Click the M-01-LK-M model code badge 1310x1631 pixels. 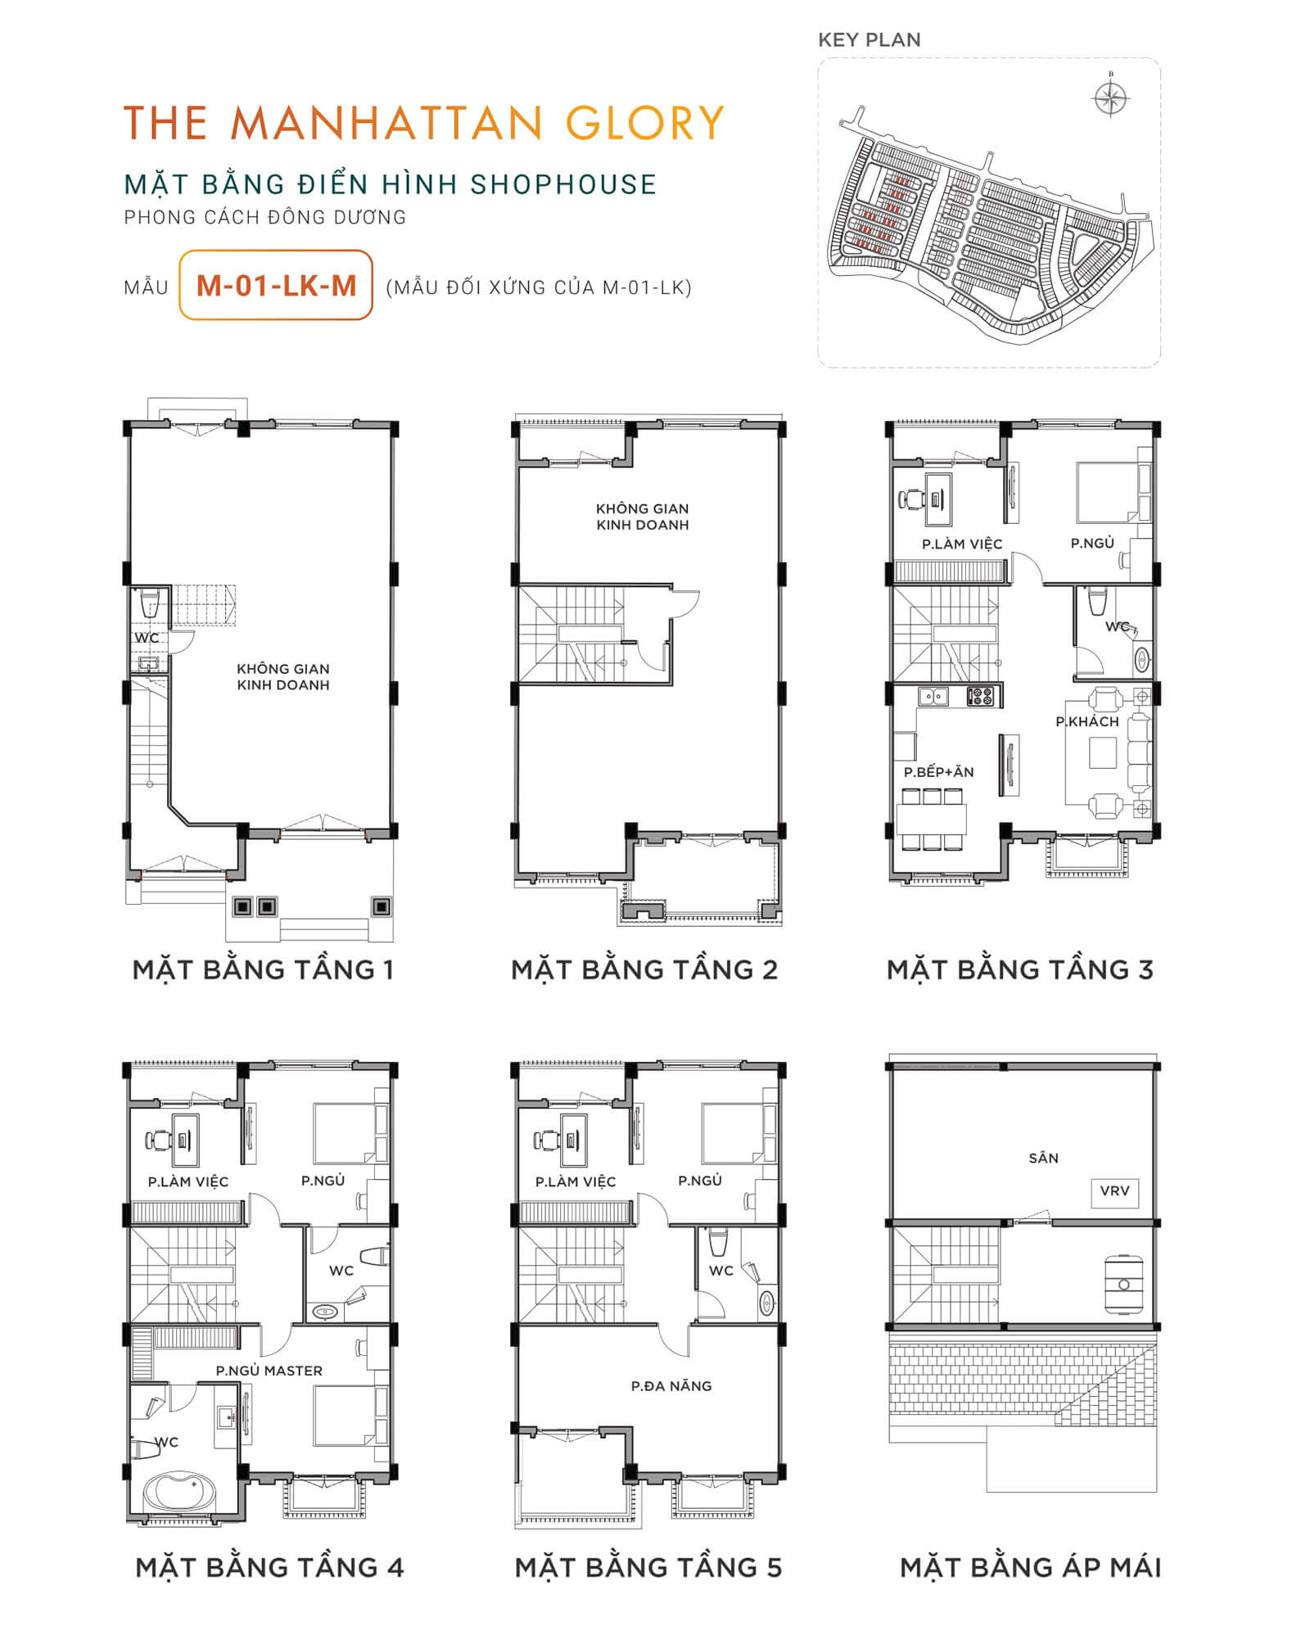pyautogui.click(x=276, y=285)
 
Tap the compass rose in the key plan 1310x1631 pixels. pyautogui.click(x=1111, y=99)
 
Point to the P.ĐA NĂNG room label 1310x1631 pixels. pyautogui.click(x=671, y=1386)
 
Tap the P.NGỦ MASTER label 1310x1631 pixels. pyautogui.click(x=269, y=1371)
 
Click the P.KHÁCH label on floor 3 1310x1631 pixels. pyautogui.click(x=1086, y=721)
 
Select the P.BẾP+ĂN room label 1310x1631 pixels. pyautogui.click(x=938, y=772)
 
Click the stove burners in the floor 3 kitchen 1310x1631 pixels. pyautogui.click(x=981, y=697)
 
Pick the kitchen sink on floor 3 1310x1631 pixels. pyautogui.click(x=933, y=697)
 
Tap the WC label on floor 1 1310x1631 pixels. pyautogui.click(x=147, y=638)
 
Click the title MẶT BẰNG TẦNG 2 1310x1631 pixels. pyautogui.click(x=644, y=969)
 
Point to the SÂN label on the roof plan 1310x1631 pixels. pyautogui.click(x=1043, y=1158)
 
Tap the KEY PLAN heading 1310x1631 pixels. pyautogui.click(x=869, y=40)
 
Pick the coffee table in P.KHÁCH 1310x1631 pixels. pyautogui.click(x=1103, y=752)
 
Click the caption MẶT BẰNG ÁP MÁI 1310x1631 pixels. pyautogui.click(x=1030, y=1567)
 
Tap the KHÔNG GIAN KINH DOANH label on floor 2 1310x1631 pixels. pyautogui.click(x=643, y=517)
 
